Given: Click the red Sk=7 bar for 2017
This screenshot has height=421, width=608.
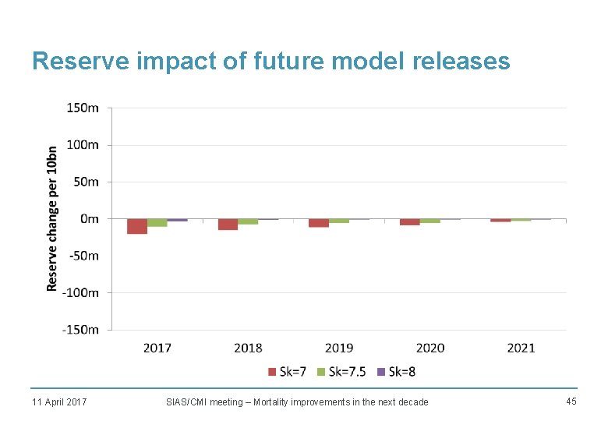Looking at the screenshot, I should [137, 226].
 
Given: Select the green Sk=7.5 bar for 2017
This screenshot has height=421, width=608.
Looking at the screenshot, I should [157, 223].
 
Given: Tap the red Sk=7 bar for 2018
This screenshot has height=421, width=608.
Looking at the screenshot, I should [228, 225].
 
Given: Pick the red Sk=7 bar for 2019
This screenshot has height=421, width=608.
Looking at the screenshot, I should [318, 223].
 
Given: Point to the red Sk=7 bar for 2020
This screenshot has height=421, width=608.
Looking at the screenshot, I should [409, 222].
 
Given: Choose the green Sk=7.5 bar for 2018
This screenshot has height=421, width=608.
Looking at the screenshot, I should [248, 221].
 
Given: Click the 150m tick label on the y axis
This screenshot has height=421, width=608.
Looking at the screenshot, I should [82, 108].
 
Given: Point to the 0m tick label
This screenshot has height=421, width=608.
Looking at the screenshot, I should [89, 219].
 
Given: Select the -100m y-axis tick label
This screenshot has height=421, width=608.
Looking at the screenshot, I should [80, 292].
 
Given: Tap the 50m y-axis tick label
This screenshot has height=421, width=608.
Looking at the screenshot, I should [85, 182].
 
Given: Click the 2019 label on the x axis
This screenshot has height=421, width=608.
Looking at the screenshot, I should [339, 348].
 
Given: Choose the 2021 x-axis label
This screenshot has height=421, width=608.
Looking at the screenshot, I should [521, 348].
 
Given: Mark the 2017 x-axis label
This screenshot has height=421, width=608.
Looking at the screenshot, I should [157, 348].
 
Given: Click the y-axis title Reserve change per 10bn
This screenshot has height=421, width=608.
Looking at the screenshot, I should [52, 218].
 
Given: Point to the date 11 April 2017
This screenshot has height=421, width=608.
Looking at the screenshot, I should [59, 402].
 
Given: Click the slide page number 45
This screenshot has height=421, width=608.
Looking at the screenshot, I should [571, 401].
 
